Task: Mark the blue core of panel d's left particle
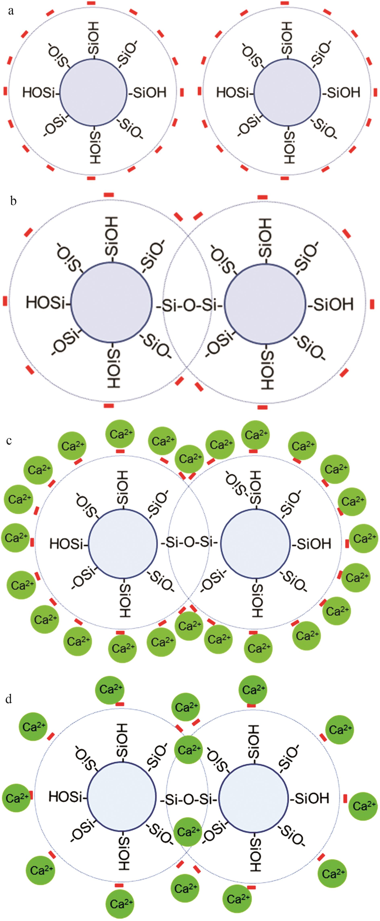122,798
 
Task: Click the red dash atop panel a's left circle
92,3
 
